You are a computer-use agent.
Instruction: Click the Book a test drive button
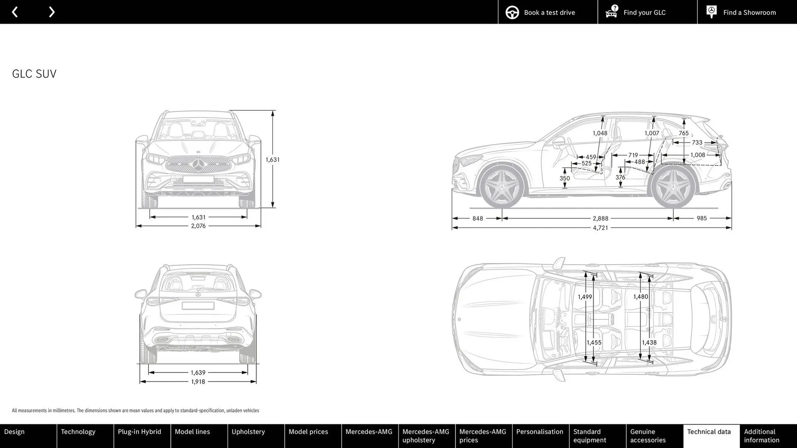(x=548, y=12)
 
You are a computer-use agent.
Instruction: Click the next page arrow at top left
(x=51, y=12)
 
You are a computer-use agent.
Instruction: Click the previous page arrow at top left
(x=15, y=12)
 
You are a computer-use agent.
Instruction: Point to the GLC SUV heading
(x=34, y=74)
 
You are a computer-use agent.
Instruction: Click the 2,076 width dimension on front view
(x=198, y=226)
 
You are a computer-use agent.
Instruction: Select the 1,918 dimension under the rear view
(x=198, y=382)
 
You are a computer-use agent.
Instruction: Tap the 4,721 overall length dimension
(x=600, y=228)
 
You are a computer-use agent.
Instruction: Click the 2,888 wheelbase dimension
(x=600, y=218)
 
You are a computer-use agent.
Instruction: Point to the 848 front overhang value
(x=477, y=218)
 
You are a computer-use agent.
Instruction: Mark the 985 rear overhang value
(x=702, y=218)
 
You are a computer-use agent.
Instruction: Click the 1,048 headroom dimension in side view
(x=600, y=133)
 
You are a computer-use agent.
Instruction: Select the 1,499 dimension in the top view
(x=585, y=297)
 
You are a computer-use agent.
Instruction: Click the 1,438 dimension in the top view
(x=649, y=343)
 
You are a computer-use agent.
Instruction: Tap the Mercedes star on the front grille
(x=198, y=165)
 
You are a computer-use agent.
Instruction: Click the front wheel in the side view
(x=502, y=187)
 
